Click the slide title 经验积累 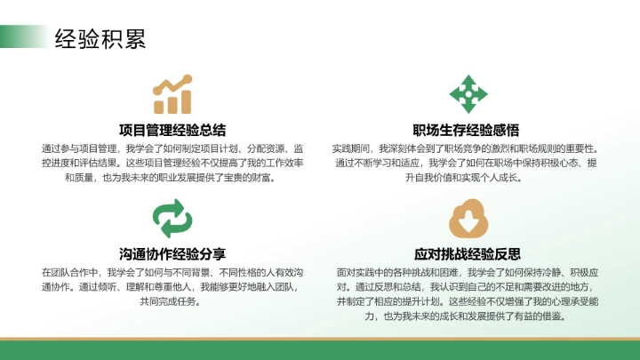pyautogui.click(x=100, y=38)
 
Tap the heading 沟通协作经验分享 pyautogui.click(x=172, y=252)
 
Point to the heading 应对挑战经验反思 pyautogui.click(x=467, y=252)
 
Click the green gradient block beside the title pyautogui.click(x=22, y=36)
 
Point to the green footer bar pyautogui.click(x=320, y=350)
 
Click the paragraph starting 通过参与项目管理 pyautogui.click(x=172, y=163)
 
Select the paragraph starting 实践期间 pyautogui.click(x=467, y=163)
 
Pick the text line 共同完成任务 pyautogui.click(x=172, y=301)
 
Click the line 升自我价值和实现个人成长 pyautogui.click(x=467, y=178)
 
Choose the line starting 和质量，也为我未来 pyautogui.click(x=172, y=178)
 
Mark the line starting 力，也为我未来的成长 pyautogui.click(x=467, y=316)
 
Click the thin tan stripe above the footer pyautogui.click(x=320, y=339)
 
